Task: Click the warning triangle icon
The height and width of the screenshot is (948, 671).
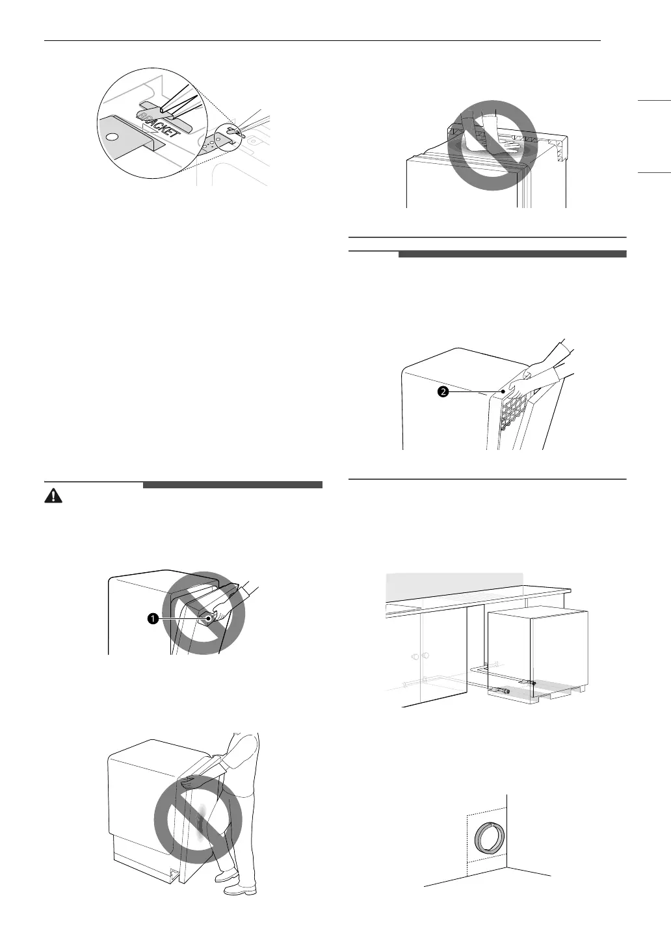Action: (x=53, y=495)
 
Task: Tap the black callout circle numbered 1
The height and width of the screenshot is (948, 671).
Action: (x=153, y=619)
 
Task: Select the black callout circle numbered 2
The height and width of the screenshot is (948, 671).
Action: (x=443, y=392)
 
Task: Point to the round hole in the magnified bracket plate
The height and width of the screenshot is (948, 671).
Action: (x=112, y=137)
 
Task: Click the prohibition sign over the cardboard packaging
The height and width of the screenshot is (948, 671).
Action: (x=492, y=145)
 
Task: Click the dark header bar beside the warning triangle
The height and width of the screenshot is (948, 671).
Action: (x=233, y=484)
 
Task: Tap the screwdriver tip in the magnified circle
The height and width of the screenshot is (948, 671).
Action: (x=164, y=111)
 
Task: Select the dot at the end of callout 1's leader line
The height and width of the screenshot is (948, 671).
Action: (x=208, y=619)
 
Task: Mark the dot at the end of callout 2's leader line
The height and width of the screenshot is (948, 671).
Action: (x=503, y=392)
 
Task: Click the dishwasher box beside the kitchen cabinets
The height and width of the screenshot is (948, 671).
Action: (x=537, y=650)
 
